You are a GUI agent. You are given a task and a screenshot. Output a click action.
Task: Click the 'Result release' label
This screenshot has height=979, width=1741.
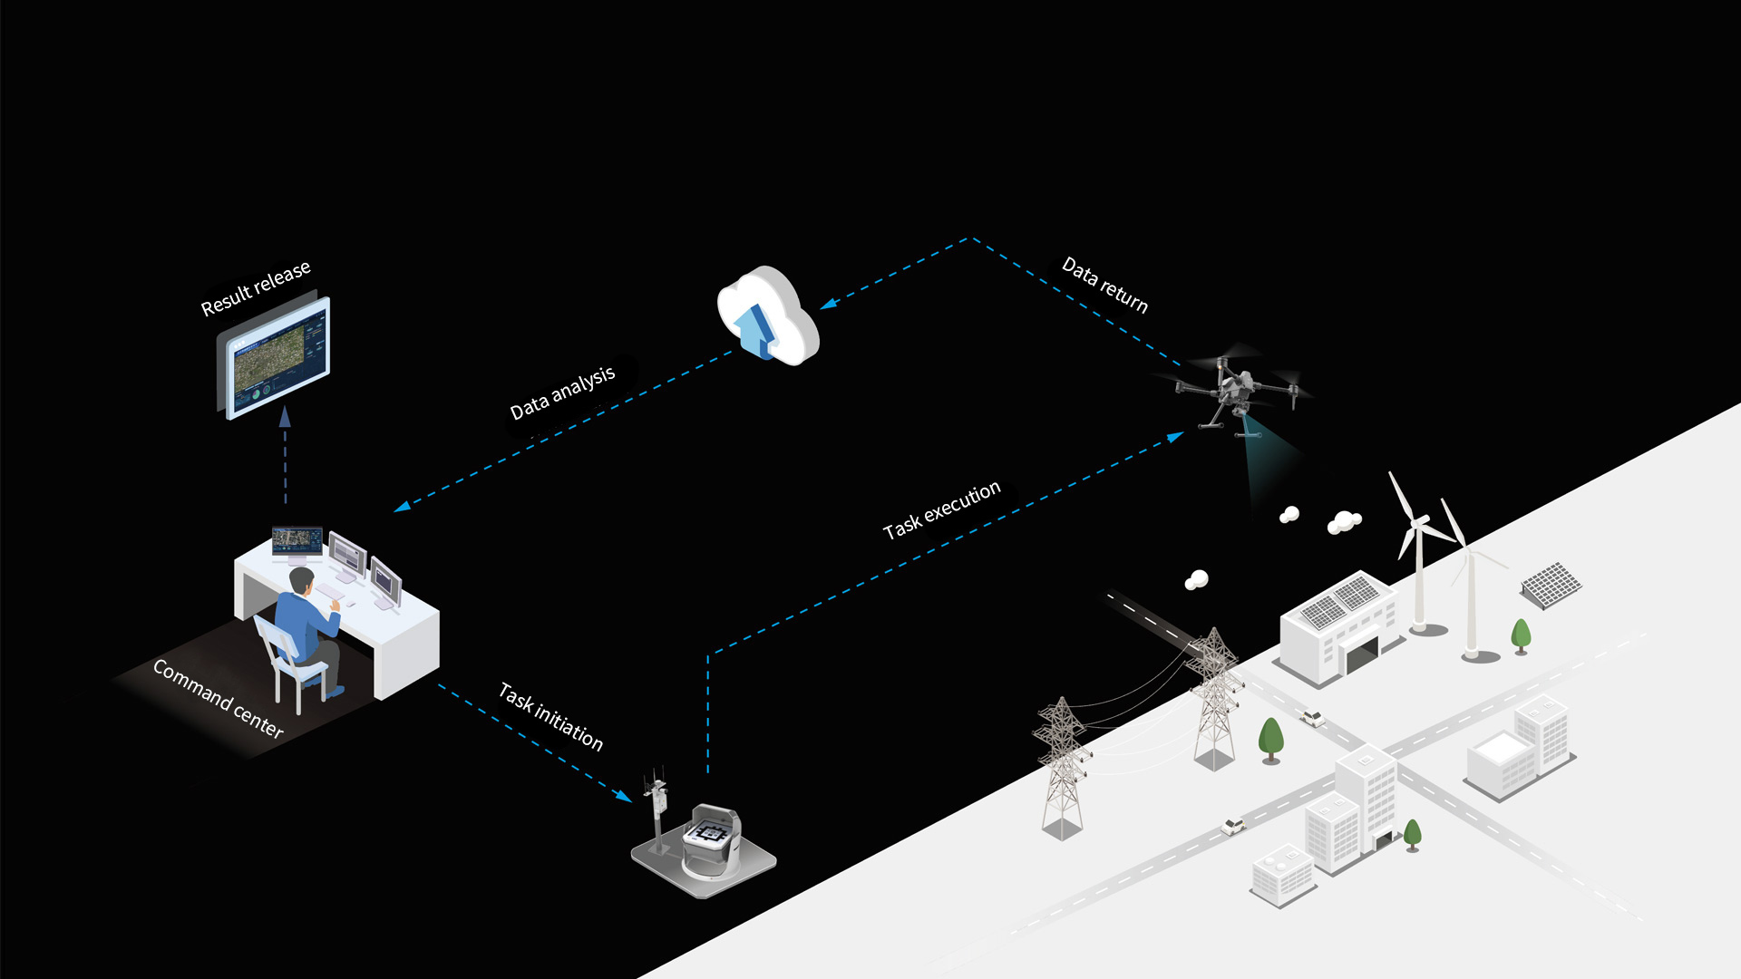pyautogui.click(x=255, y=288)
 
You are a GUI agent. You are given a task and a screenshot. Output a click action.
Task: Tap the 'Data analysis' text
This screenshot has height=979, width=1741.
pyautogui.click(x=562, y=393)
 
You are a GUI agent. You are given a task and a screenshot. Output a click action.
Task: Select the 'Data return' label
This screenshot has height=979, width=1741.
pyautogui.click(x=1104, y=285)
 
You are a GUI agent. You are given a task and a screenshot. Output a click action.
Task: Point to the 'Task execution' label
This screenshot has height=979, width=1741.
pyautogui.click(x=941, y=509)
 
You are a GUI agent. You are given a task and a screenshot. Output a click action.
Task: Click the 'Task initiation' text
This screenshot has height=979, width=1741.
pyautogui.click(x=550, y=716)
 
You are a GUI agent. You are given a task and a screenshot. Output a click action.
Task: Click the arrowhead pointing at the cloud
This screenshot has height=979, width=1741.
pyautogui.click(x=828, y=304)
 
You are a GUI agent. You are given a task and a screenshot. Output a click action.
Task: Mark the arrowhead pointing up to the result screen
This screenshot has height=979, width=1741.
pyautogui.click(x=285, y=416)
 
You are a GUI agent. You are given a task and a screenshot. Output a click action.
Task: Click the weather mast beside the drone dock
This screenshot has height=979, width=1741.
pyautogui.click(x=657, y=811)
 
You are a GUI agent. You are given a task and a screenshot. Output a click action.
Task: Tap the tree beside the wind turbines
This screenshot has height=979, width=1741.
pyautogui.click(x=1521, y=635)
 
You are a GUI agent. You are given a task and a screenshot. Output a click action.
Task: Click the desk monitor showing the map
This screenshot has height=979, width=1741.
pyautogui.click(x=297, y=540)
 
